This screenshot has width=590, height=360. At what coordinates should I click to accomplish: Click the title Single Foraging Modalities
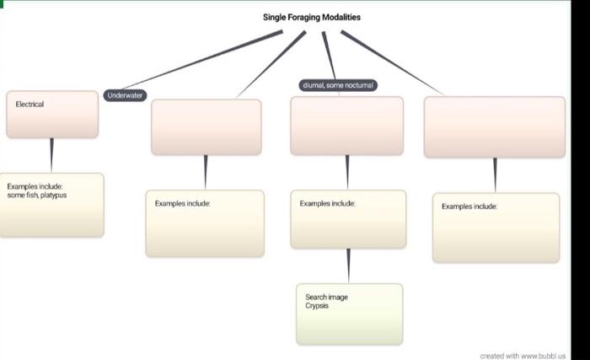[312, 17]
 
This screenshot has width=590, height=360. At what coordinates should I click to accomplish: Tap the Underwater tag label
[125, 96]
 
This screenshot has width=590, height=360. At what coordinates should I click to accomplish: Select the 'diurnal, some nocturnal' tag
[338, 85]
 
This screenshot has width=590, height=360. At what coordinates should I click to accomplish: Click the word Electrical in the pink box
[29, 105]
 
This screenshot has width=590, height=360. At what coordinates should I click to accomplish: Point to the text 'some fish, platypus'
[37, 195]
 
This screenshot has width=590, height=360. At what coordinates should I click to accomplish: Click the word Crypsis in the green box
[317, 306]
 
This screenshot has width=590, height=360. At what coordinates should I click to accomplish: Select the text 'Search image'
[326, 297]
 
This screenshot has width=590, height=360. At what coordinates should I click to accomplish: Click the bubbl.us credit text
[523, 356]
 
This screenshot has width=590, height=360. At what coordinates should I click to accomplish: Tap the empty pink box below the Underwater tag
[206, 128]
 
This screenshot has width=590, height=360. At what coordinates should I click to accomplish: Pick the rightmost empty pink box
[494, 128]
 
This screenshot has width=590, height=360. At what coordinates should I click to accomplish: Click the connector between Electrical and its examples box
[51, 155]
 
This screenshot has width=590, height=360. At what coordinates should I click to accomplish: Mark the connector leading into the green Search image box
[348, 266]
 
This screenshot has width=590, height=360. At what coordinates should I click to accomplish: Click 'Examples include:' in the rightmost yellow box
[469, 206]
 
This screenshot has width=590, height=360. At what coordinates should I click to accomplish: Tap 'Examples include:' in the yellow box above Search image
[327, 203]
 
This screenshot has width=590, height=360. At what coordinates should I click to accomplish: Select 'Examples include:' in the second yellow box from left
[182, 203]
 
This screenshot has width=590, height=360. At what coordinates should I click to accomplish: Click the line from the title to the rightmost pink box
[392, 63]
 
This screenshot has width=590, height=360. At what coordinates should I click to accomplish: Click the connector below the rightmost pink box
[495, 175]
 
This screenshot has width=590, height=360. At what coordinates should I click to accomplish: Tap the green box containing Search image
[349, 325]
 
